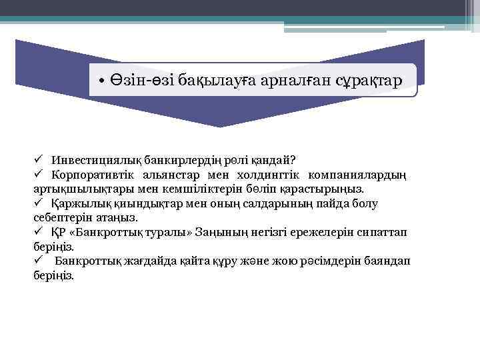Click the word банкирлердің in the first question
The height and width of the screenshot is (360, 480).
click(172, 161)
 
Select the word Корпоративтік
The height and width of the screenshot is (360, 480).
click(91, 175)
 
